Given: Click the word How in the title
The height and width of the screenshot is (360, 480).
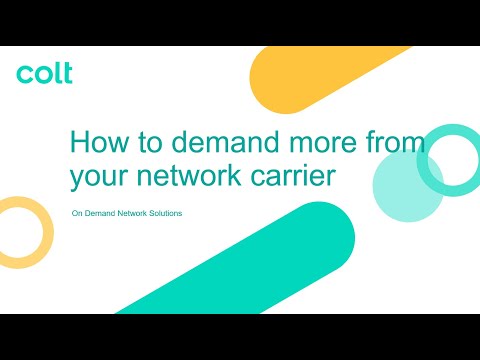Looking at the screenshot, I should pyautogui.click(x=97, y=141).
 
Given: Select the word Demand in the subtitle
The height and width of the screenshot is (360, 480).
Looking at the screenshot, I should pyautogui.click(x=97, y=214).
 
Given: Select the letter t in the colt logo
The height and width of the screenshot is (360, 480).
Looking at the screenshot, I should pyautogui.click(x=66, y=73).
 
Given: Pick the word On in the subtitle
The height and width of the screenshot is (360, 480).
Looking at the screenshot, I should pyautogui.click(x=77, y=214).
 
